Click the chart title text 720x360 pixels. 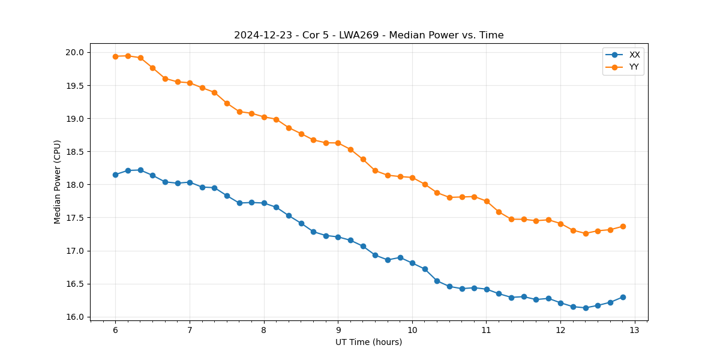[x=368, y=35]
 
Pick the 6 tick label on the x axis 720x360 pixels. [x=115, y=331]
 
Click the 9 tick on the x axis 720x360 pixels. [x=338, y=331]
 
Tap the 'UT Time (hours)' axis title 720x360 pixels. [x=368, y=342]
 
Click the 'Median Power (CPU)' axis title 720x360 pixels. [x=58, y=182]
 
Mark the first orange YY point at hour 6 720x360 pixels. [x=115, y=56]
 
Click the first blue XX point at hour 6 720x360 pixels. [x=115, y=175]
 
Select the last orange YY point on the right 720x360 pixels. [x=623, y=226]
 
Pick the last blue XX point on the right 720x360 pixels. [x=623, y=297]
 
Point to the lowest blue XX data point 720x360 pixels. [x=586, y=308]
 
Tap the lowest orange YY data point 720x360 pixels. [x=586, y=233]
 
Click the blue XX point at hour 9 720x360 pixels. [x=338, y=237]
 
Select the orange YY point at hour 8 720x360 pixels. [x=264, y=117]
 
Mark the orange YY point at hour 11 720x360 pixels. [x=487, y=201]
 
